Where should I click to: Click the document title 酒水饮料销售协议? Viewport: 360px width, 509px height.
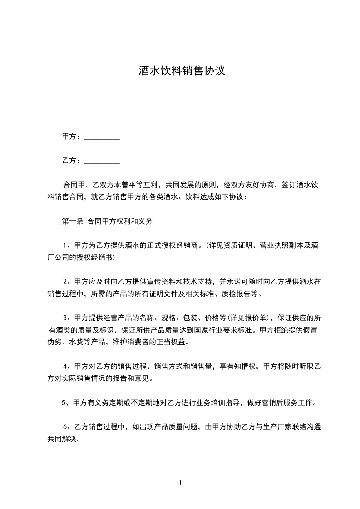tap(182, 71)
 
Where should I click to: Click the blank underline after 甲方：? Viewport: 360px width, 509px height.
tap(102, 137)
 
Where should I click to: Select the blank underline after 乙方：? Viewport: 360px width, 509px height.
tap(102, 161)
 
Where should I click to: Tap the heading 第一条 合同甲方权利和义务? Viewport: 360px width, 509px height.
tap(107, 222)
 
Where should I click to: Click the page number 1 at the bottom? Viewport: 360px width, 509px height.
tap(180, 483)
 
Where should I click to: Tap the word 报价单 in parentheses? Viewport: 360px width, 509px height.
tap(257, 317)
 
